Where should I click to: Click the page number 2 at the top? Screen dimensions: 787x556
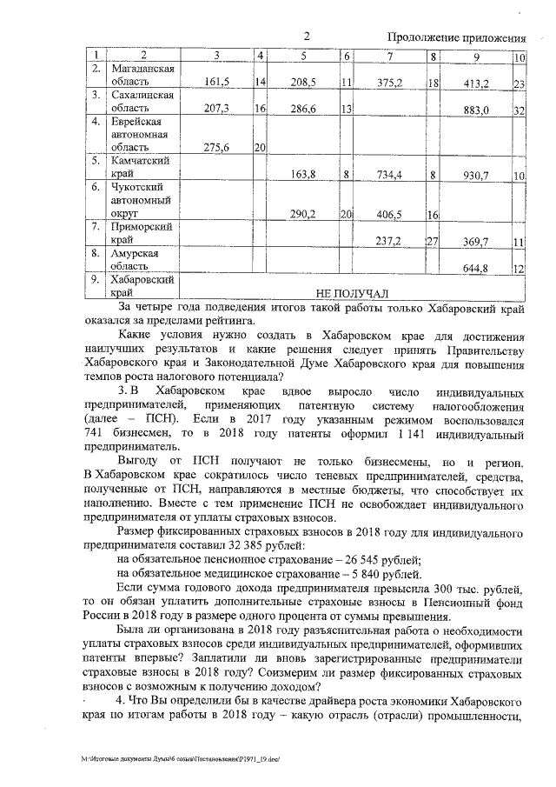[x=307, y=36]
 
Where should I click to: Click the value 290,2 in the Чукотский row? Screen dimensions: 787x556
[x=301, y=214]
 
